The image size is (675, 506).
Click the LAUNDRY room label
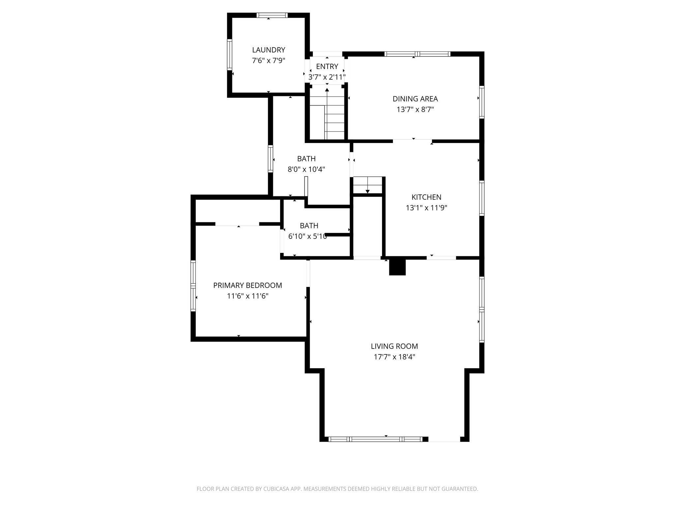click(x=268, y=50)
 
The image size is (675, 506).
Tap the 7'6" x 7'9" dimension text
click(x=268, y=61)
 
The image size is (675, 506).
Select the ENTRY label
click(x=327, y=67)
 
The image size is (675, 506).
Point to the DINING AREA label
click(x=415, y=98)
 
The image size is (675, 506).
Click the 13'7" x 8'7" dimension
click(x=415, y=109)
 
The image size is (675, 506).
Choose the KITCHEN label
click(x=426, y=197)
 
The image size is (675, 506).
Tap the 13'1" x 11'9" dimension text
click(x=426, y=208)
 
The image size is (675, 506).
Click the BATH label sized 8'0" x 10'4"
click(x=306, y=159)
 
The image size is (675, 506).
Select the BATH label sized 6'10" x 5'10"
click(x=309, y=226)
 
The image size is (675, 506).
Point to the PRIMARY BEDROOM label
click(x=248, y=285)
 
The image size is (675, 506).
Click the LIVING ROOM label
click(x=394, y=346)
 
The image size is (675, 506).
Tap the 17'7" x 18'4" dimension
click(x=394, y=357)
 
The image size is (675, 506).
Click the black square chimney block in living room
click(x=397, y=267)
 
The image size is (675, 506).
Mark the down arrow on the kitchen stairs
click(x=367, y=191)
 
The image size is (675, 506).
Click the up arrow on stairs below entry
click(x=327, y=90)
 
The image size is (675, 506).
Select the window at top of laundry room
click(x=272, y=15)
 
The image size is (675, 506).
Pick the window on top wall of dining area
click(x=417, y=54)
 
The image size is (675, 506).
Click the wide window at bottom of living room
click(x=375, y=439)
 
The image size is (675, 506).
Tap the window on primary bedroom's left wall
click(x=193, y=286)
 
